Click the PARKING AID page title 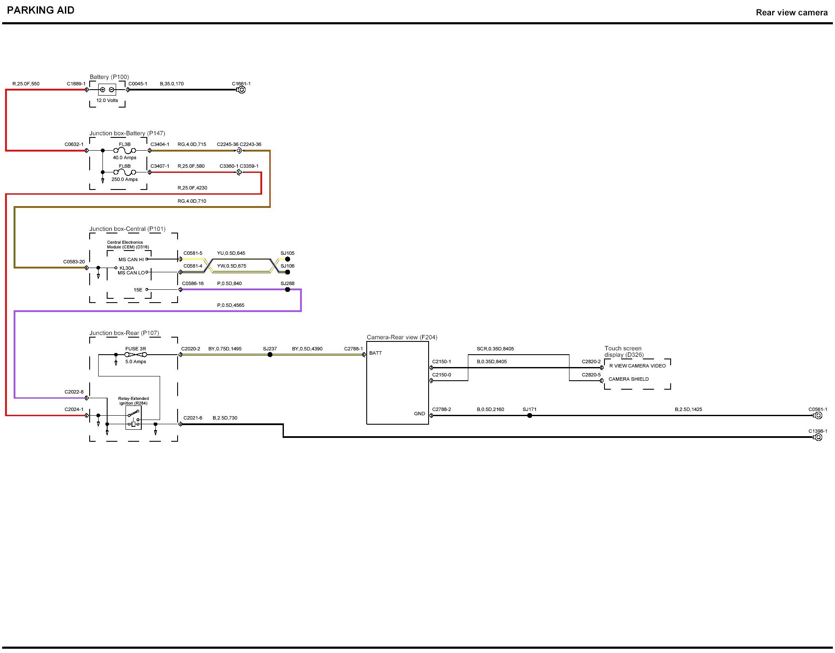(41, 10)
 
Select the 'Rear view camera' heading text (791, 12)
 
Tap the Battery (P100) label (109, 77)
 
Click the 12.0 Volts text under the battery (107, 100)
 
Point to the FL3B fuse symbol (125, 150)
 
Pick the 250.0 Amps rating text (125, 179)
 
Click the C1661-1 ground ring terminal (242, 90)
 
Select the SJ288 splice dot (287, 289)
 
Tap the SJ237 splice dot (270, 355)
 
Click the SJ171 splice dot (529, 415)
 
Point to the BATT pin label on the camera (376, 353)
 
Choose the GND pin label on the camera (419, 414)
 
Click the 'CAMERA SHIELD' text (628, 379)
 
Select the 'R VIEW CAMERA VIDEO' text (637, 366)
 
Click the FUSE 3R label (135, 349)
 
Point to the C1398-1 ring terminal (818, 437)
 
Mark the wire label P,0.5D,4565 (231, 305)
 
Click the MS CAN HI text (131, 259)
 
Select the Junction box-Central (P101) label (127, 229)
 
